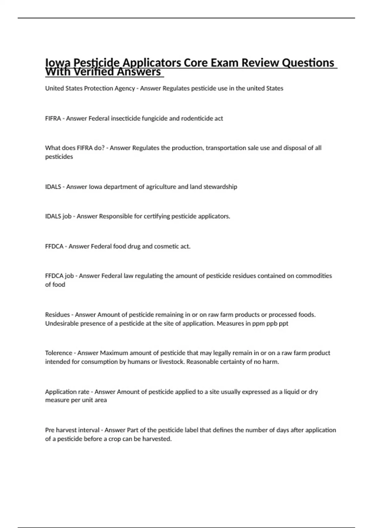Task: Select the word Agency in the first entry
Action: tap(125, 89)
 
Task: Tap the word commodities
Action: tap(314, 276)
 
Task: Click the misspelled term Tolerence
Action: tap(58, 353)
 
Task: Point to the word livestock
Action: tap(172, 362)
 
